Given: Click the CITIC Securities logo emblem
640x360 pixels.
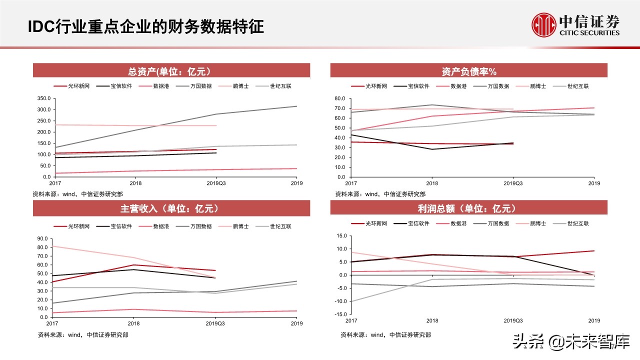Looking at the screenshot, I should coord(544,25).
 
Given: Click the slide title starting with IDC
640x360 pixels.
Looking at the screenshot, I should coord(145,26).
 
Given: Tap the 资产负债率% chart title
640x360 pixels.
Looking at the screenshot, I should coord(468,71).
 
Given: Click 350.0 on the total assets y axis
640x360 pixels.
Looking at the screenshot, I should coord(43,98).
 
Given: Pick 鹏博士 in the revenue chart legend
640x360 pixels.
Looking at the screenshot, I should coord(240,226).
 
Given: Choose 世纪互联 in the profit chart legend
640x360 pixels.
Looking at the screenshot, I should coord(578,223).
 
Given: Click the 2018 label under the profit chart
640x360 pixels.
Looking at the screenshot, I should coord(432,320).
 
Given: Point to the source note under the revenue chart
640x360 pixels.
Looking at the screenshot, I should coord(83,334).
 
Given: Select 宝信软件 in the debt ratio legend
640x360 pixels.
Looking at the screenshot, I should coord(418,86).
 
